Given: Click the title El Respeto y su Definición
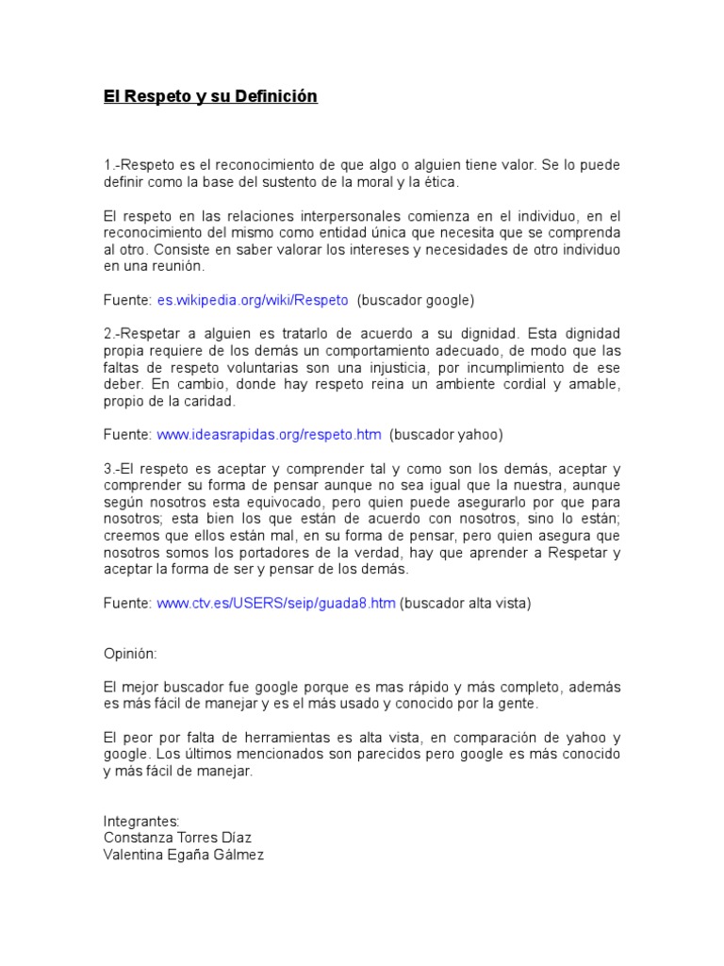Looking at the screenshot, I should tap(210, 96).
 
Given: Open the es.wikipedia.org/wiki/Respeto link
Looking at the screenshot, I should tap(252, 300).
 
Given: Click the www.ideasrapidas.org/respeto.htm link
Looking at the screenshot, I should tap(269, 435).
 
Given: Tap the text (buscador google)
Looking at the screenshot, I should tap(416, 300).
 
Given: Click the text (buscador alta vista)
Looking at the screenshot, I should tap(466, 603).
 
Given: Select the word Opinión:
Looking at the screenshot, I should tap(131, 654).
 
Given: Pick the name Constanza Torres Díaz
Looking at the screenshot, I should tap(177, 838).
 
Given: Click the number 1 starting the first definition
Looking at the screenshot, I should tap(107, 165).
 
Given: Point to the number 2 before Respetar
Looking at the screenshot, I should tap(107, 334).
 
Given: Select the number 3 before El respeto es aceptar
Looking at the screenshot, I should tap(107, 469).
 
